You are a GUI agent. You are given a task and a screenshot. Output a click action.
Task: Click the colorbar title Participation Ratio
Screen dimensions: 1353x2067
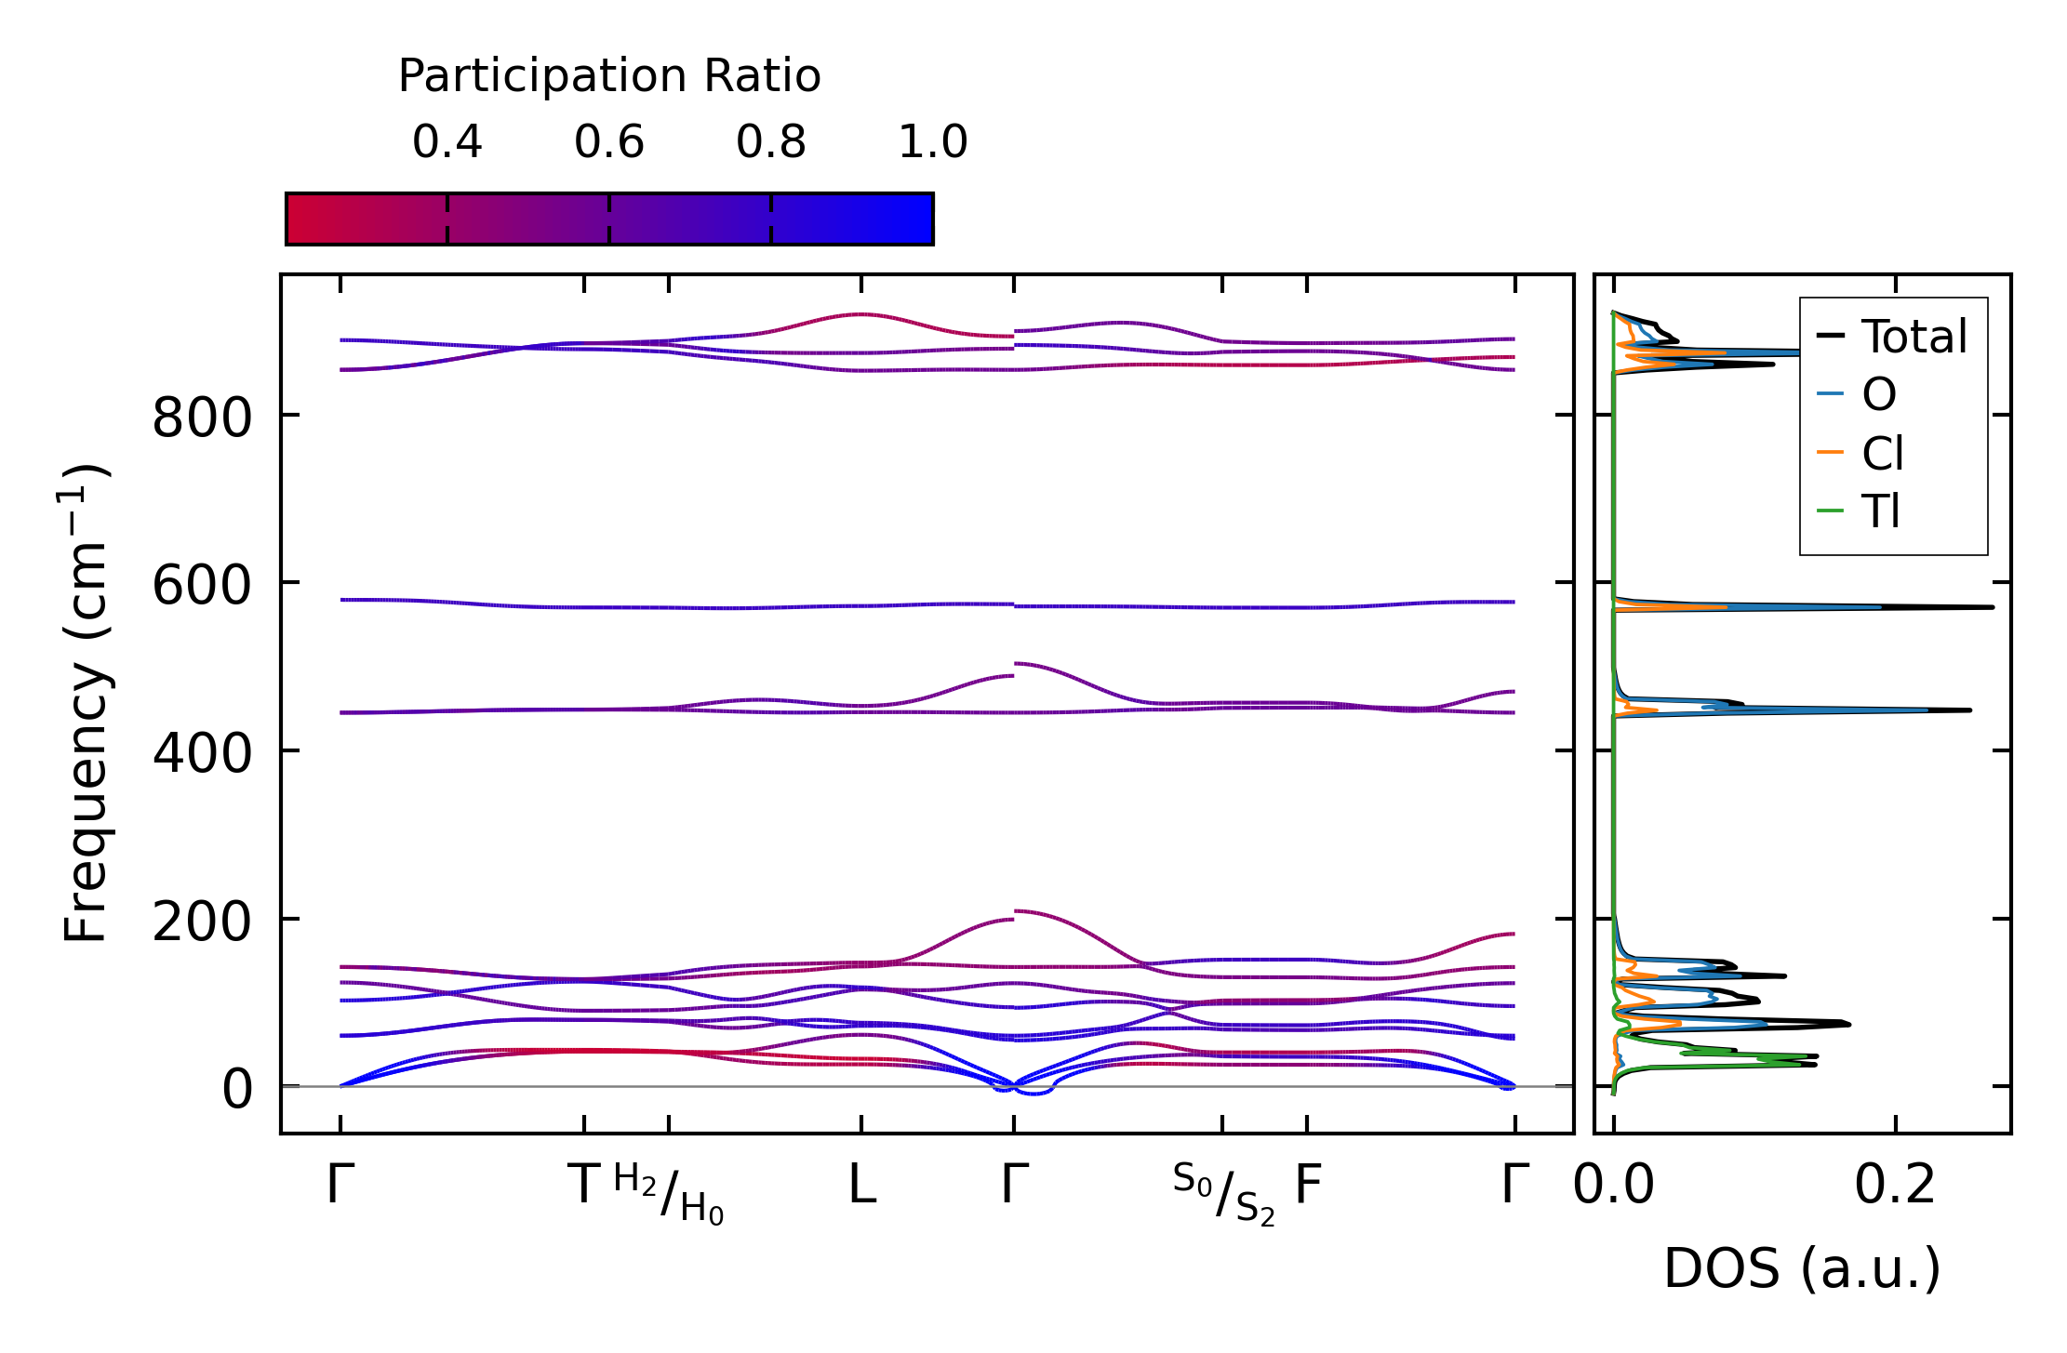click(609, 76)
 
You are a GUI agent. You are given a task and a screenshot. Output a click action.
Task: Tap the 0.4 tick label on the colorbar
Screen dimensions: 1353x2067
click(447, 142)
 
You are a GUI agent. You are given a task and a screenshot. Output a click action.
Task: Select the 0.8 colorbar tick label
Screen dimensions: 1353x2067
click(771, 142)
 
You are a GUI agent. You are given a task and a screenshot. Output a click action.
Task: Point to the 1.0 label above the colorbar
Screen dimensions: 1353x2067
click(933, 142)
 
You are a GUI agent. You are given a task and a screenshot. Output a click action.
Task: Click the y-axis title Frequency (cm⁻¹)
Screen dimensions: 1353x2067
click(86, 703)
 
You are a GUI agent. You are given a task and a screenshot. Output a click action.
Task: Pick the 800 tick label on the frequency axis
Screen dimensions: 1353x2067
click(202, 418)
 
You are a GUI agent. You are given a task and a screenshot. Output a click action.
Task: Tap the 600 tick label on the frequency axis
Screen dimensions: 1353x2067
click(202, 586)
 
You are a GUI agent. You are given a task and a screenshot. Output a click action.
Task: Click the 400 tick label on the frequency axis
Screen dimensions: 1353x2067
click(202, 753)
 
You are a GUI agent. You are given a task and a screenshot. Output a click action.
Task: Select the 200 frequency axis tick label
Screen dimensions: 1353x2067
click(202, 922)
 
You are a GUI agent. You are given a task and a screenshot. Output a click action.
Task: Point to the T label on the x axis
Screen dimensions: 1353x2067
click(584, 1186)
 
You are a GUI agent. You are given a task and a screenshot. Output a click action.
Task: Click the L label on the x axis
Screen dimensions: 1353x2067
click(862, 1186)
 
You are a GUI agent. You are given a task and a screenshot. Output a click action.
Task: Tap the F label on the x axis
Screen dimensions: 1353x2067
click(1308, 1186)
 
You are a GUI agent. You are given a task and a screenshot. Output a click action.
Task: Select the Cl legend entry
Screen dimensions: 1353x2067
click(1882, 454)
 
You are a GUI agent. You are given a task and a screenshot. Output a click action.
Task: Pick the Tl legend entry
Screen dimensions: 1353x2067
click(1880, 511)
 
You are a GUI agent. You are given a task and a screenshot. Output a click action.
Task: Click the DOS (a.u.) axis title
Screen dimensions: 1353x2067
click(1802, 1269)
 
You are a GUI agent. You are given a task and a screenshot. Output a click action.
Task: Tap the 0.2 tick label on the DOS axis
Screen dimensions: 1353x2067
click(1895, 1186)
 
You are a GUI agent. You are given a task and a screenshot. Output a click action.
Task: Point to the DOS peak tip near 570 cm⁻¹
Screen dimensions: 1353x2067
click(1992, 607)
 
